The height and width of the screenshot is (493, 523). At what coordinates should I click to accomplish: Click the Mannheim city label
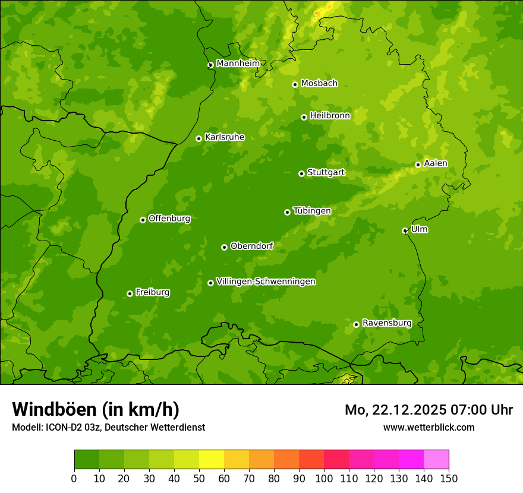click(238, 64)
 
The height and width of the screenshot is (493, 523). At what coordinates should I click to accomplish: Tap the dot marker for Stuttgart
click(301, 173)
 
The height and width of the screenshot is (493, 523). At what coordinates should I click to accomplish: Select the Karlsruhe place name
click(224, 137)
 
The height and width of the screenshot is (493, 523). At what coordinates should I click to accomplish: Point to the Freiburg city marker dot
click(130, 293)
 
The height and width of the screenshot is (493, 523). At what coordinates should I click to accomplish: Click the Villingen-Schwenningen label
click(266, 282)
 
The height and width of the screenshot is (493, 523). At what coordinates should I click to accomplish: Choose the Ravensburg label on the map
click(386, 323)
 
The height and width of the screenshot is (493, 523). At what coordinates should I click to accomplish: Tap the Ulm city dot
click(405, 230)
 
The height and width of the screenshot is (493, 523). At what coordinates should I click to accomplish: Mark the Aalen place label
click(435, 163)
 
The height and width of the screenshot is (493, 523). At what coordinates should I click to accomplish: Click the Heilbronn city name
click(329, 116)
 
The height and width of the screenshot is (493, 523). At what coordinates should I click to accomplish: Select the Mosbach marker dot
click(295, 84)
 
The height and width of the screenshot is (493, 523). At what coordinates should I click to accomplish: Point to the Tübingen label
click(311, 211)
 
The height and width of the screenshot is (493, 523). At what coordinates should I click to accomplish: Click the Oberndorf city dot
click(224, 247)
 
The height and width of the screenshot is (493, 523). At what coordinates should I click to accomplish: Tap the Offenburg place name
click(169, 219)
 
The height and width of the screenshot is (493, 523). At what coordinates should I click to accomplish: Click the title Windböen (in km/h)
click(95, 409)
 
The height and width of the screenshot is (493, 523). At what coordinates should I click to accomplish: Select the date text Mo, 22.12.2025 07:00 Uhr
click(429, 410)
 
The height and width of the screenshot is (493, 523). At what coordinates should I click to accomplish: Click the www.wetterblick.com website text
click(429, 427)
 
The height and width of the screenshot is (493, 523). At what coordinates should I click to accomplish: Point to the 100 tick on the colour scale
click(324, 478)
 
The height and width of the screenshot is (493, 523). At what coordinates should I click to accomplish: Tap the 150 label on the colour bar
click(449, 478)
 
